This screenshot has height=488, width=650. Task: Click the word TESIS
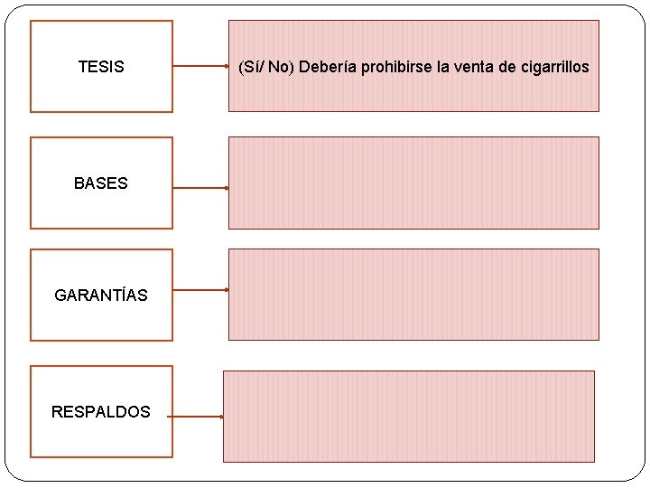click(x=101, y=67)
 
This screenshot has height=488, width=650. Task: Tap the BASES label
click(x=101, y=183)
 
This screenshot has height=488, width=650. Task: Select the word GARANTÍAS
click(x=101, y=296)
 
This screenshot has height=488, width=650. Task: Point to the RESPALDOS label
click(x=101, y=412)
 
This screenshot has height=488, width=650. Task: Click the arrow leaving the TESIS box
click(x=200, y=67)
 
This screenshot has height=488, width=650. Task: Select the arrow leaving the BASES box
click(x=200, y=188)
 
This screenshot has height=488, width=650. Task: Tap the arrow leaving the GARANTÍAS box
click(x=200, y=290)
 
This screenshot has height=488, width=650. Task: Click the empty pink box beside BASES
click(x=413, y=183)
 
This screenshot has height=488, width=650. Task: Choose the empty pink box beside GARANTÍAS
click(x=413, y=295)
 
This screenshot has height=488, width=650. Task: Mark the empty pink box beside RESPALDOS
click(x=409, y=416)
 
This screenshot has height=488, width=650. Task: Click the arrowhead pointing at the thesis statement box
click(x=226, y=67)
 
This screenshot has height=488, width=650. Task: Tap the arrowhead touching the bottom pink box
click(x=221, y=417)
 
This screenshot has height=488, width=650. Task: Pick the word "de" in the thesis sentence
click(x=502, y=67)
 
